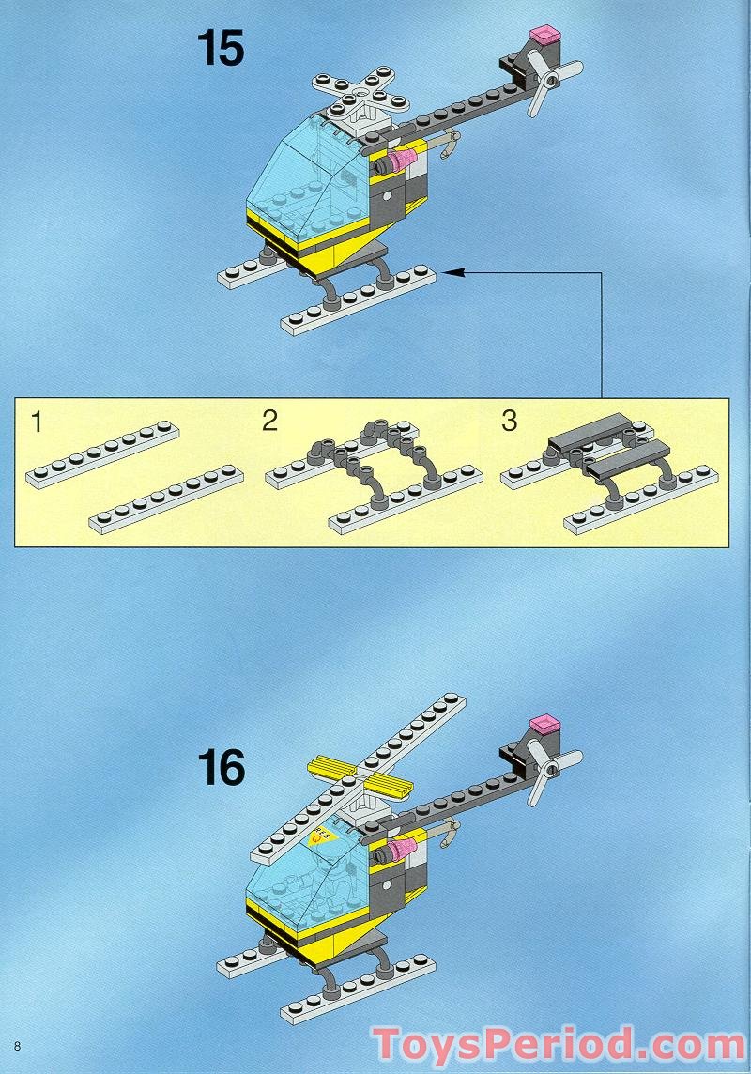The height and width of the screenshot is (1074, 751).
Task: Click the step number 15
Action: click(x=221, y=48)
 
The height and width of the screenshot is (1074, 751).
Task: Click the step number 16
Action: click(x=221, y=767)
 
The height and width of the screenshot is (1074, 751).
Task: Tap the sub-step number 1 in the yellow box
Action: click(x=37, y=422)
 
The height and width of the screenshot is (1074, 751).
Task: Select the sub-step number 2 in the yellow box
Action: click(x=269, y=421)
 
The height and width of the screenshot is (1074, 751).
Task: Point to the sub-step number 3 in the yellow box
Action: click(x=509, y=421)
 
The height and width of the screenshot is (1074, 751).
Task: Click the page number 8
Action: click(x=17, y=1045)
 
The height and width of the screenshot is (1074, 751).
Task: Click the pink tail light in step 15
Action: click(x=544, y=37)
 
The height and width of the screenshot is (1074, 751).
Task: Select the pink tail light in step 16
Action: click(x=544, y=723)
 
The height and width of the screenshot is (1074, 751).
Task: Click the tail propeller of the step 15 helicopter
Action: click(x=544, y=83)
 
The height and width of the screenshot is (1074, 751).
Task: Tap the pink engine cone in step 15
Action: click(x=400, y=163)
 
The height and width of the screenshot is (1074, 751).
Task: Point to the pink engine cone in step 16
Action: click(x=401, y=851)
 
